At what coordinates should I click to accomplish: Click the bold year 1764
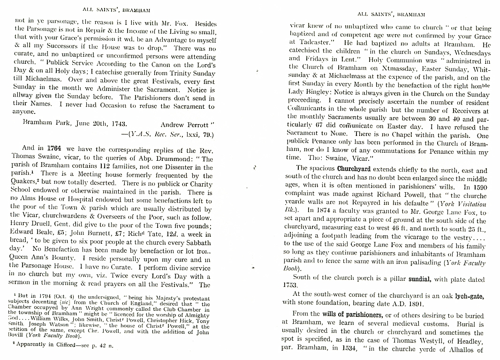pos(54,148)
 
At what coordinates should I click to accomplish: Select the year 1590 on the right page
pos(478,186)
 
